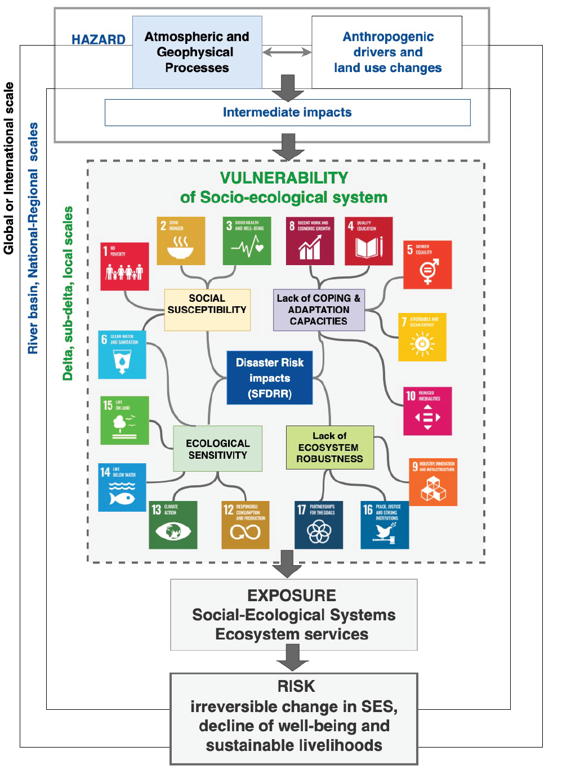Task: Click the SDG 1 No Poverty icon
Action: [124, 266]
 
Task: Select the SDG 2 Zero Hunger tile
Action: [181, 240]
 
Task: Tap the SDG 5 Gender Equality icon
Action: [427, 265]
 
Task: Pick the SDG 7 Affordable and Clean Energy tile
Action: [422, 337]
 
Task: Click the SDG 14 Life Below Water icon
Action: [122, 487]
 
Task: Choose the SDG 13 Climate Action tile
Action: [173, 525]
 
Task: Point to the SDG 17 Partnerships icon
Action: [319, 525]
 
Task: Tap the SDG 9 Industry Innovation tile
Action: [433, 482]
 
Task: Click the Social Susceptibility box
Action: [207, 310]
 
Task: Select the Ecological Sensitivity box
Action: [218, 449]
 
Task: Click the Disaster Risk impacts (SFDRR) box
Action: [270, 378]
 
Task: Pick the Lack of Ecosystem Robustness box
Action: [330, 448]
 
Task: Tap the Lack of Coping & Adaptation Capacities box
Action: [319, 310]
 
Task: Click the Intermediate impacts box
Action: [287, 113]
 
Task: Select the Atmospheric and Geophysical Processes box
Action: [197, 52]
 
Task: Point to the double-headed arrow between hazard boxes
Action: [287, 52]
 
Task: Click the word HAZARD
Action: [99, 39]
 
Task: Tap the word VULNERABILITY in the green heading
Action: [284, 178]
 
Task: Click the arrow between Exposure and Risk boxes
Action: [293, 657]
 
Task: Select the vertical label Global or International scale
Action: [8, 168]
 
